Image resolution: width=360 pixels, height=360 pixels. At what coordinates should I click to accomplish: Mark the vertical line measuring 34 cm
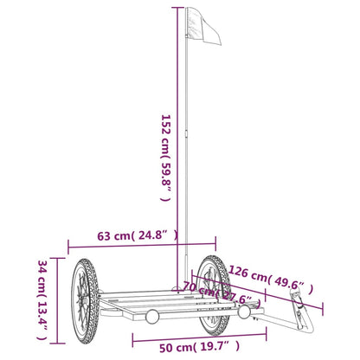(59, 299)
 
